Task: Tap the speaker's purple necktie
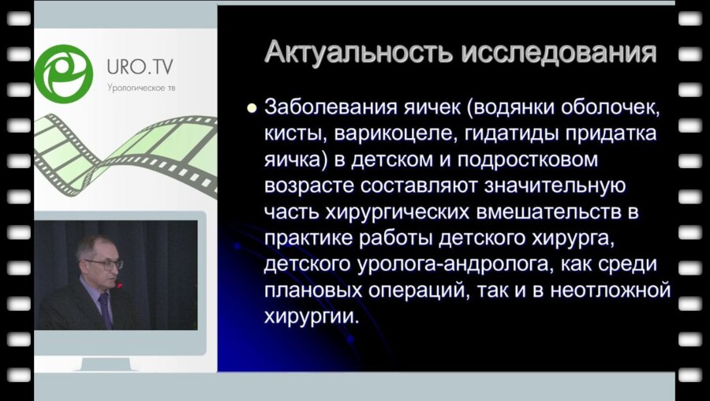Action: click(105, 308)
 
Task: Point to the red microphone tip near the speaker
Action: click(119, 285)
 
